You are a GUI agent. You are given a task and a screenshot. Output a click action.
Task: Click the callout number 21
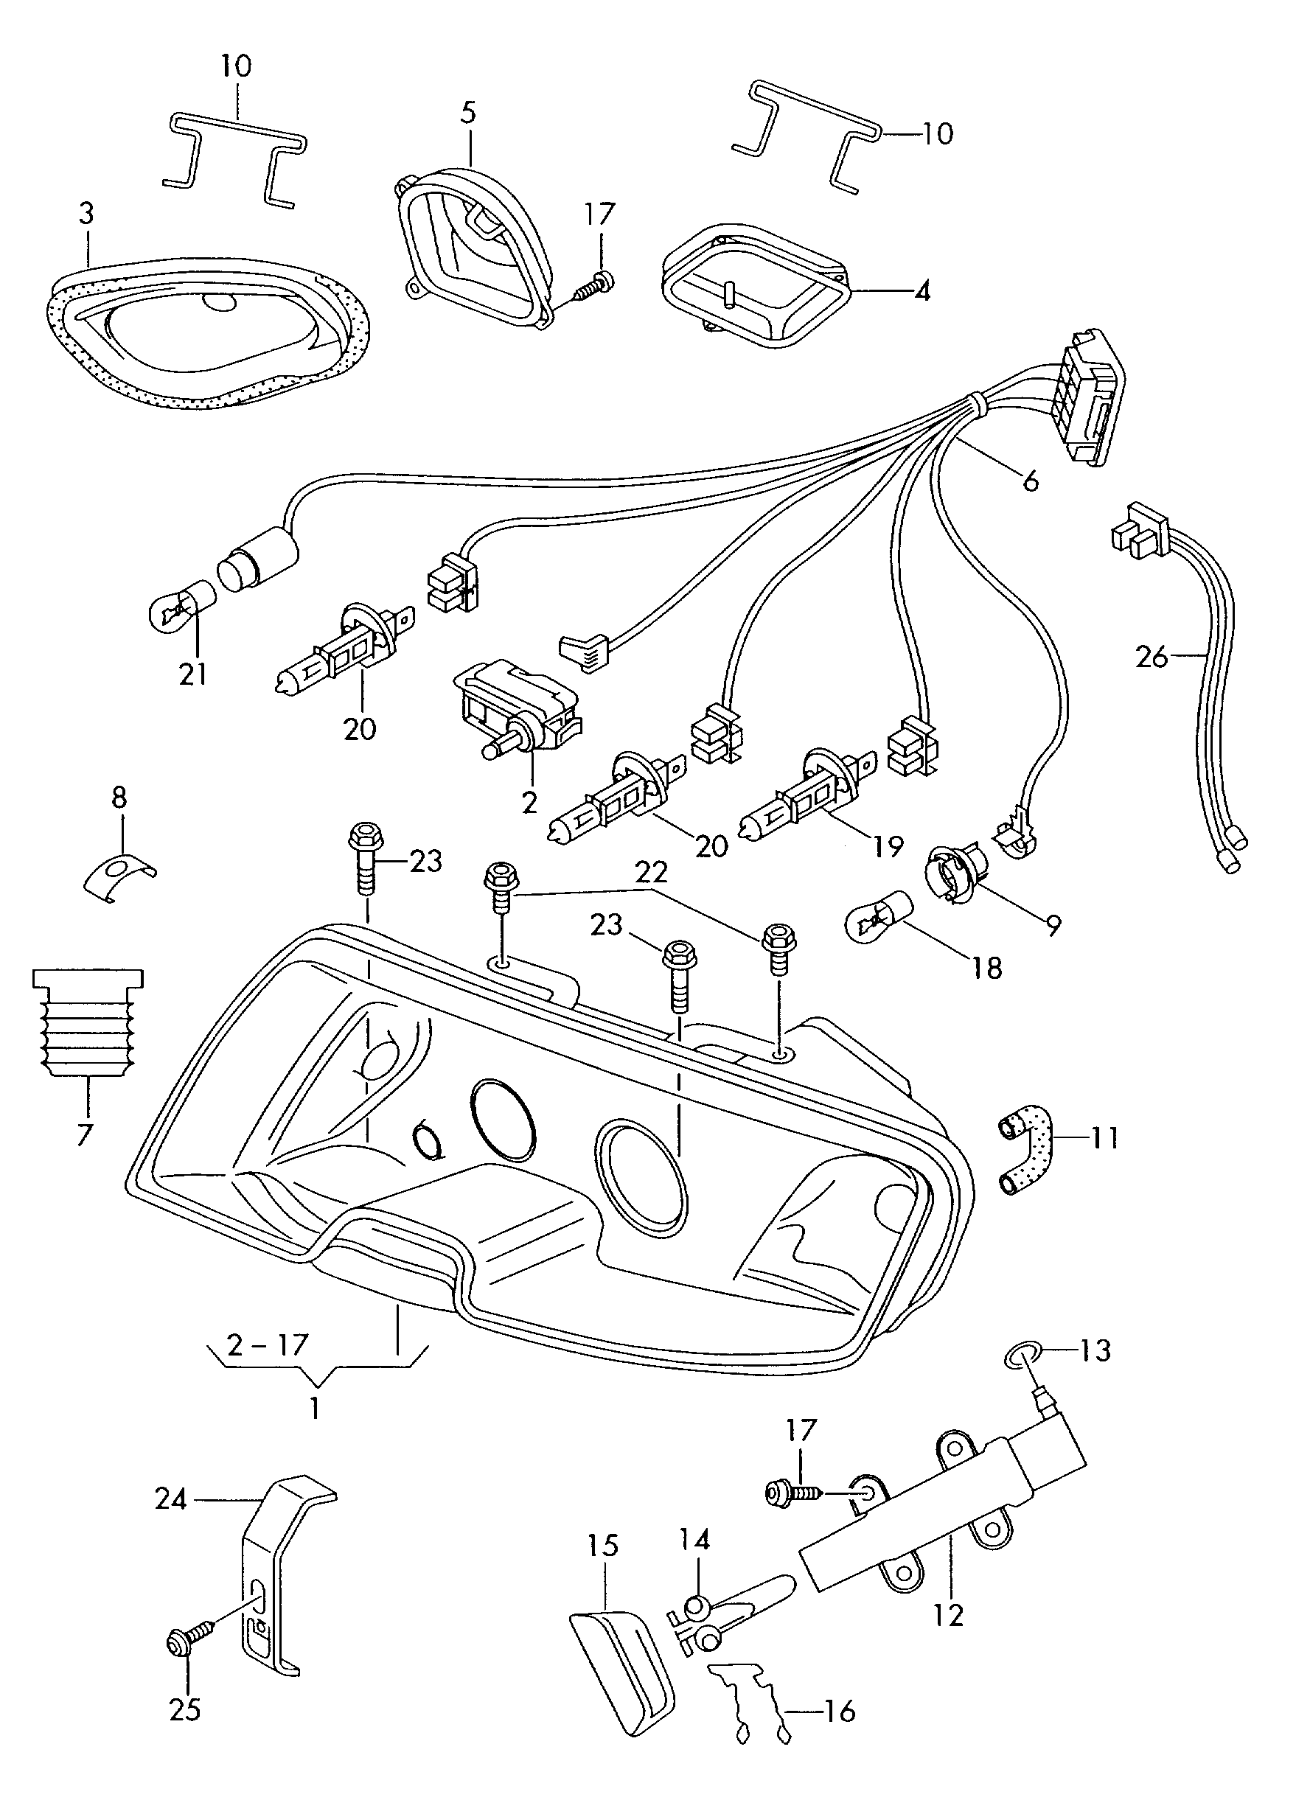(x=193, y=674)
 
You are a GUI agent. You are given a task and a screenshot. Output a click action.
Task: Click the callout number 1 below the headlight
(x=314, y=1409)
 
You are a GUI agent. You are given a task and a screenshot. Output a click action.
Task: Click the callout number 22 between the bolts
(x=652, y=873)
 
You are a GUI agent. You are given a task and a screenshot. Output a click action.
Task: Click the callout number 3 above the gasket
(x=86, y=214)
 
